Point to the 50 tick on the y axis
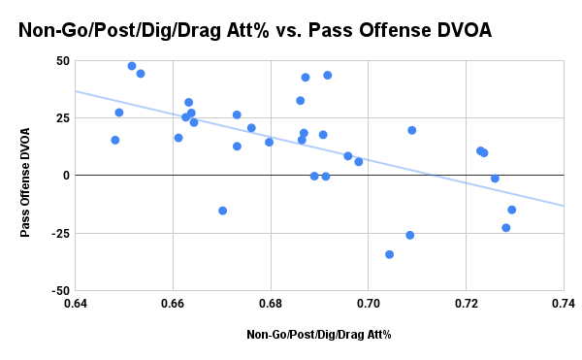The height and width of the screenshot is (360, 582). (x=61, y=61)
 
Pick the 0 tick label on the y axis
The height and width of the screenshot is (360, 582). (x=65, y=176)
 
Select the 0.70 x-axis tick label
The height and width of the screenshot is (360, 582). (x=369, y=304)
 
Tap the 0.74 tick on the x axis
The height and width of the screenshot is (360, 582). (x=563, y=304)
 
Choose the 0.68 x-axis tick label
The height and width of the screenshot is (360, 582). (x=271, y=304)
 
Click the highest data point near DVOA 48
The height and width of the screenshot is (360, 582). (x=132, y=66)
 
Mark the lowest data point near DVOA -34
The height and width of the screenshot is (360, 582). (x=390, y=254)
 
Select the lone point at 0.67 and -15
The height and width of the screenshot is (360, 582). (x=223, y=211)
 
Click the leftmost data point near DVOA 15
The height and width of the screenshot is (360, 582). (x=115, y=140)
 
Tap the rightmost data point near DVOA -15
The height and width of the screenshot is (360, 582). (x=512, y=210)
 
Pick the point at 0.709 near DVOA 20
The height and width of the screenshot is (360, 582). (x=412, y=130)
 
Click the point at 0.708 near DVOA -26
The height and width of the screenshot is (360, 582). (x=410, y=235)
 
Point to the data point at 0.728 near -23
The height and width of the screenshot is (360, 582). (x=506, y=228)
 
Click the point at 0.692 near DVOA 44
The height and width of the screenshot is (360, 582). (x=328, y=75)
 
